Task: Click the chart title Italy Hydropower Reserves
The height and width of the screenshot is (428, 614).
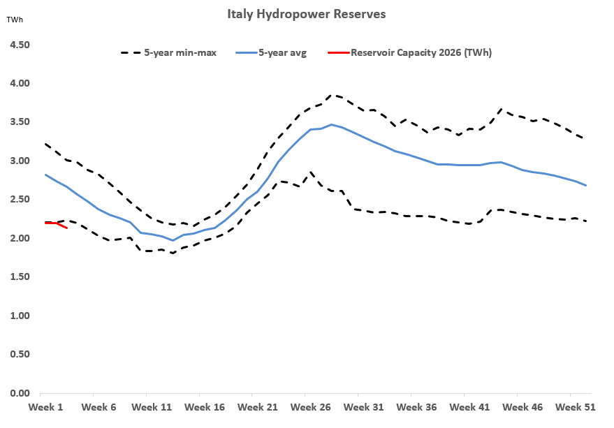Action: point(307,14)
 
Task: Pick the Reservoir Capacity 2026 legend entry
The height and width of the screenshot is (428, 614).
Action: point(421,52)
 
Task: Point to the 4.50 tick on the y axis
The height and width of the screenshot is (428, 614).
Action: point(19,45)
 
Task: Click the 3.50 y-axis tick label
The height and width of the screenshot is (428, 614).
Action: point(19,122)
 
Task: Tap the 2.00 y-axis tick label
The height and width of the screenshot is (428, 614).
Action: point(19,239)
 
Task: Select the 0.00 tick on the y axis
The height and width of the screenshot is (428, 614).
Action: point(19,394)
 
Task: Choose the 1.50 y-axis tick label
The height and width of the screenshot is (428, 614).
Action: point(19,277)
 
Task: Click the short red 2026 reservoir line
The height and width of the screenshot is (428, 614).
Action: point(56,223)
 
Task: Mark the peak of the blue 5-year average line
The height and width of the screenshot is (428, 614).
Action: point(332,125)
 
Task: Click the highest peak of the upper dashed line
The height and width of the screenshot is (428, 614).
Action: point(332,95)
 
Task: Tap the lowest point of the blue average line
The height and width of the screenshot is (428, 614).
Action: point(173,240)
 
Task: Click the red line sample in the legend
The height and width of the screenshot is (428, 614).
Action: point(337,52)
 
